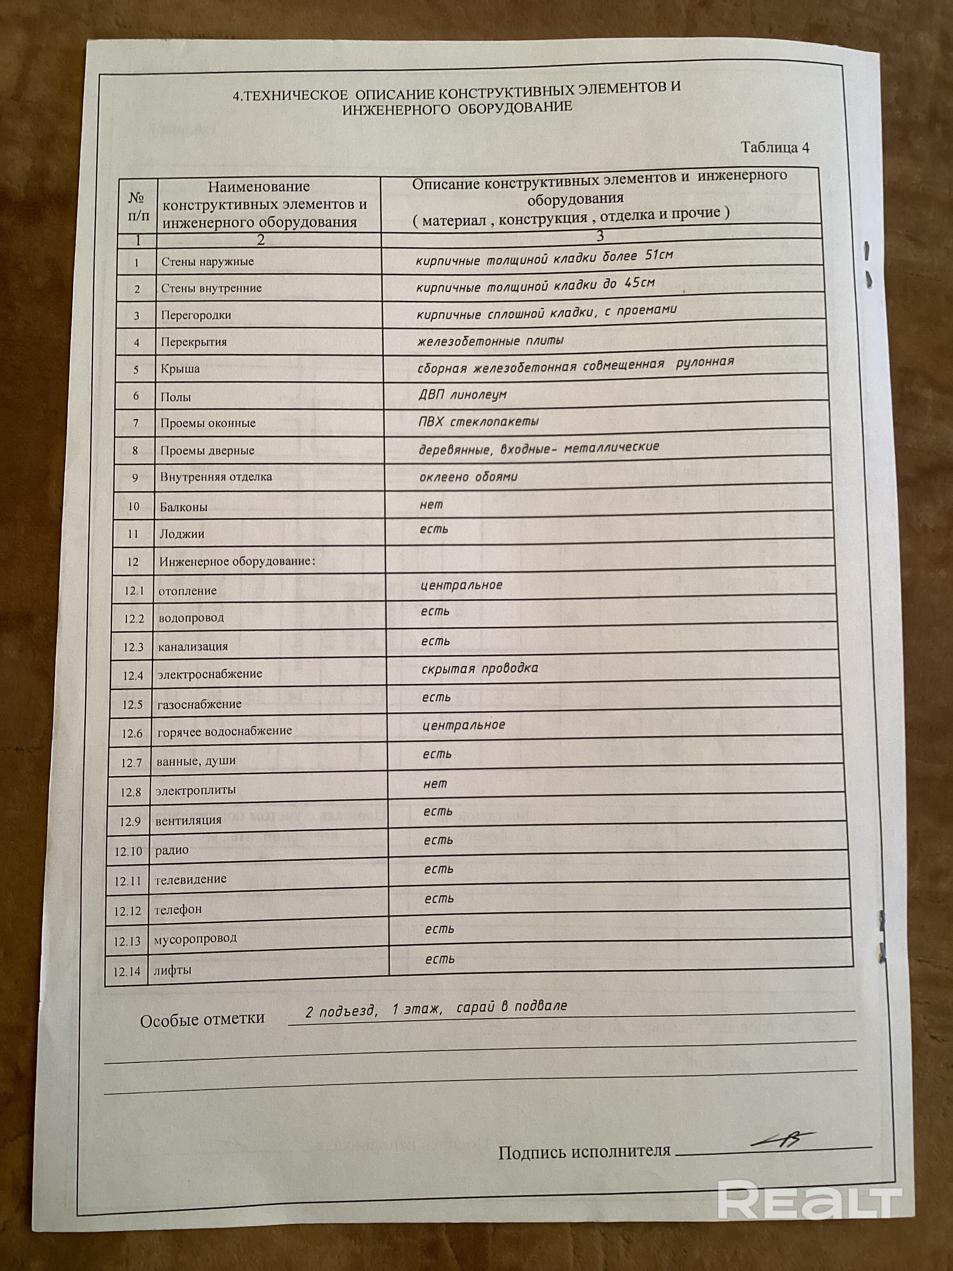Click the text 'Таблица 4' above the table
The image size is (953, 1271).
tap(775, 148)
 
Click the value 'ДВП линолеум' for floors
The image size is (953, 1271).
tap(462, 395)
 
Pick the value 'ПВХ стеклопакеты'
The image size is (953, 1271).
tap(478, 422)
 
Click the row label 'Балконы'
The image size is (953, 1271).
tap(183, 507)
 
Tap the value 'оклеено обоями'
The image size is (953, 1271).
tap(468, 477)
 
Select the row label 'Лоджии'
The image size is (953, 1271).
tap(181, 534)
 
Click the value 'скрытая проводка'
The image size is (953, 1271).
tap(480, 668)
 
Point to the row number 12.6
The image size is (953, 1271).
tap(132, 733)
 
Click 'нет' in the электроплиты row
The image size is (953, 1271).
tap(435, 784)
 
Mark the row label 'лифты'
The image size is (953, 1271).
tap(172, 970)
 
